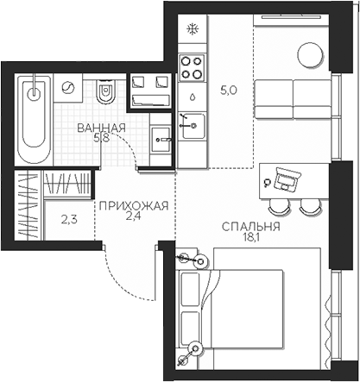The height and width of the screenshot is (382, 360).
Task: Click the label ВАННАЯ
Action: tap(102, 128)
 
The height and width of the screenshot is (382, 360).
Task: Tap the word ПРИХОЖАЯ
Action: tap(134, 206)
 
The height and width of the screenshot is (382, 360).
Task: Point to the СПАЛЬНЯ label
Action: tap(251, 227)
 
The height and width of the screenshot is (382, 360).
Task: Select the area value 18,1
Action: tap(251, 237)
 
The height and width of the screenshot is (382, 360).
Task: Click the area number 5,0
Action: tap(228, 91)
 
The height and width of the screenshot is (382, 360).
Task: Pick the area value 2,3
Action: tap(69, 220)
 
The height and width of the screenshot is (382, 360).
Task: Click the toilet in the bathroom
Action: tap(104, 91)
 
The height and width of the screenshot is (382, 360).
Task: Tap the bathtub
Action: tap(34, 120)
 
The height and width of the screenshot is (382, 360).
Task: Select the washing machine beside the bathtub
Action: tap(68, 88)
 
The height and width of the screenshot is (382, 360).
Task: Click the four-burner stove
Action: tap(192, 67)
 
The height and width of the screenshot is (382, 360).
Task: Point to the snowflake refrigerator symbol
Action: tap(193, 29)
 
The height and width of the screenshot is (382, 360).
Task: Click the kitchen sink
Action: tap(192, 126)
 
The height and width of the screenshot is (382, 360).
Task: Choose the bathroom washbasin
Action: tap(161, 140)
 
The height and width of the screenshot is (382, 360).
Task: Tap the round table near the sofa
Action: tap(310, 55)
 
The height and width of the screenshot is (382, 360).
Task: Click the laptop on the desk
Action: tap(287, 178)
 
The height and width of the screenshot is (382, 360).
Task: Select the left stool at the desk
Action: tap(279, 206)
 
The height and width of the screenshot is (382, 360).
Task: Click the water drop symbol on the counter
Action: tap(193, 97)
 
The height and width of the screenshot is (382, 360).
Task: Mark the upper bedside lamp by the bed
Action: tap(200, 261)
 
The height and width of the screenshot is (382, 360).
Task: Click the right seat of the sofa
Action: tap(312, 99)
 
